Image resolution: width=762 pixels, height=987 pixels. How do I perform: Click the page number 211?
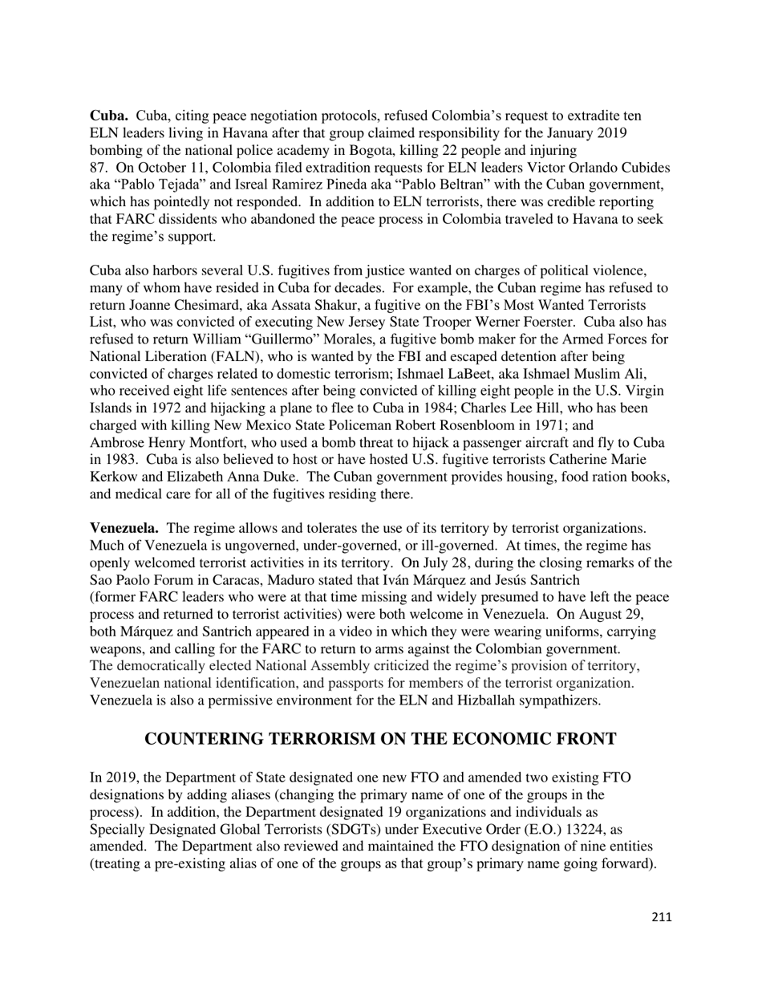click(662, 917)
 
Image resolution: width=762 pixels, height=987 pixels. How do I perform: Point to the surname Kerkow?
click(113, 477)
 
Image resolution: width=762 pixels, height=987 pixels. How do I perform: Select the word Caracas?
click(233, 580)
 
